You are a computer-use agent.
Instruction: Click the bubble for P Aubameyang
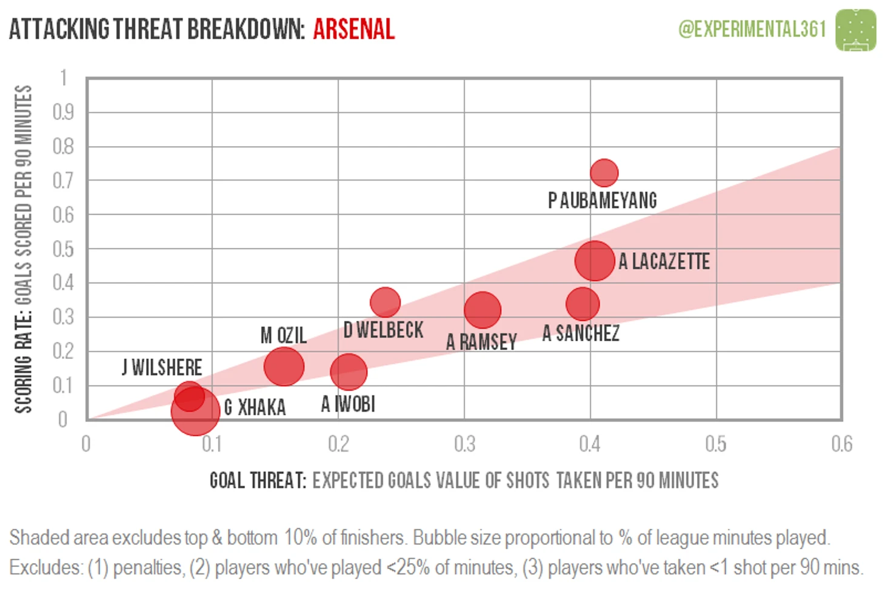(x=604, y=173)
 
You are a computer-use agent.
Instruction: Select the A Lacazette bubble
(x=595, y=261)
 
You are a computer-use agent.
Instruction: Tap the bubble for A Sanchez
(x=583, y=304)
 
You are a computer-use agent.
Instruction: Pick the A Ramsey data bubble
(x=483, y=310)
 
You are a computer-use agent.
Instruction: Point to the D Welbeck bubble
(x=385, y=301)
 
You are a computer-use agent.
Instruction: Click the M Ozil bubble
(x=284, y=366)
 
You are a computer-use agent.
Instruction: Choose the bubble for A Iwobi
(x=349, y=372)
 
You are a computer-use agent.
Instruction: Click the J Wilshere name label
(x=162, y=367)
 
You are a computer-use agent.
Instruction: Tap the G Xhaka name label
(x=255, y=407)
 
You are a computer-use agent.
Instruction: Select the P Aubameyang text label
(x=602, y=200)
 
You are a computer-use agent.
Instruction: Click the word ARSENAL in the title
(x=353, y=29)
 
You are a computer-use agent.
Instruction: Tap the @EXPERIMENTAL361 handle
(x=752, y=28)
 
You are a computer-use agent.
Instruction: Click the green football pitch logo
(x=855, y=30)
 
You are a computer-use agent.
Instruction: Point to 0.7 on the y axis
(x=63, y=180)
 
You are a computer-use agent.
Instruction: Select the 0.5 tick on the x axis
(x=716, y=444)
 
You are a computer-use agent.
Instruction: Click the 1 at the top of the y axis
(x=63, y=78)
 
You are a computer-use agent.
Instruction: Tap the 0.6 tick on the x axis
(x=841, y=444)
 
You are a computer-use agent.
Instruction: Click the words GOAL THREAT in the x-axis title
(x=258, y=481)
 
